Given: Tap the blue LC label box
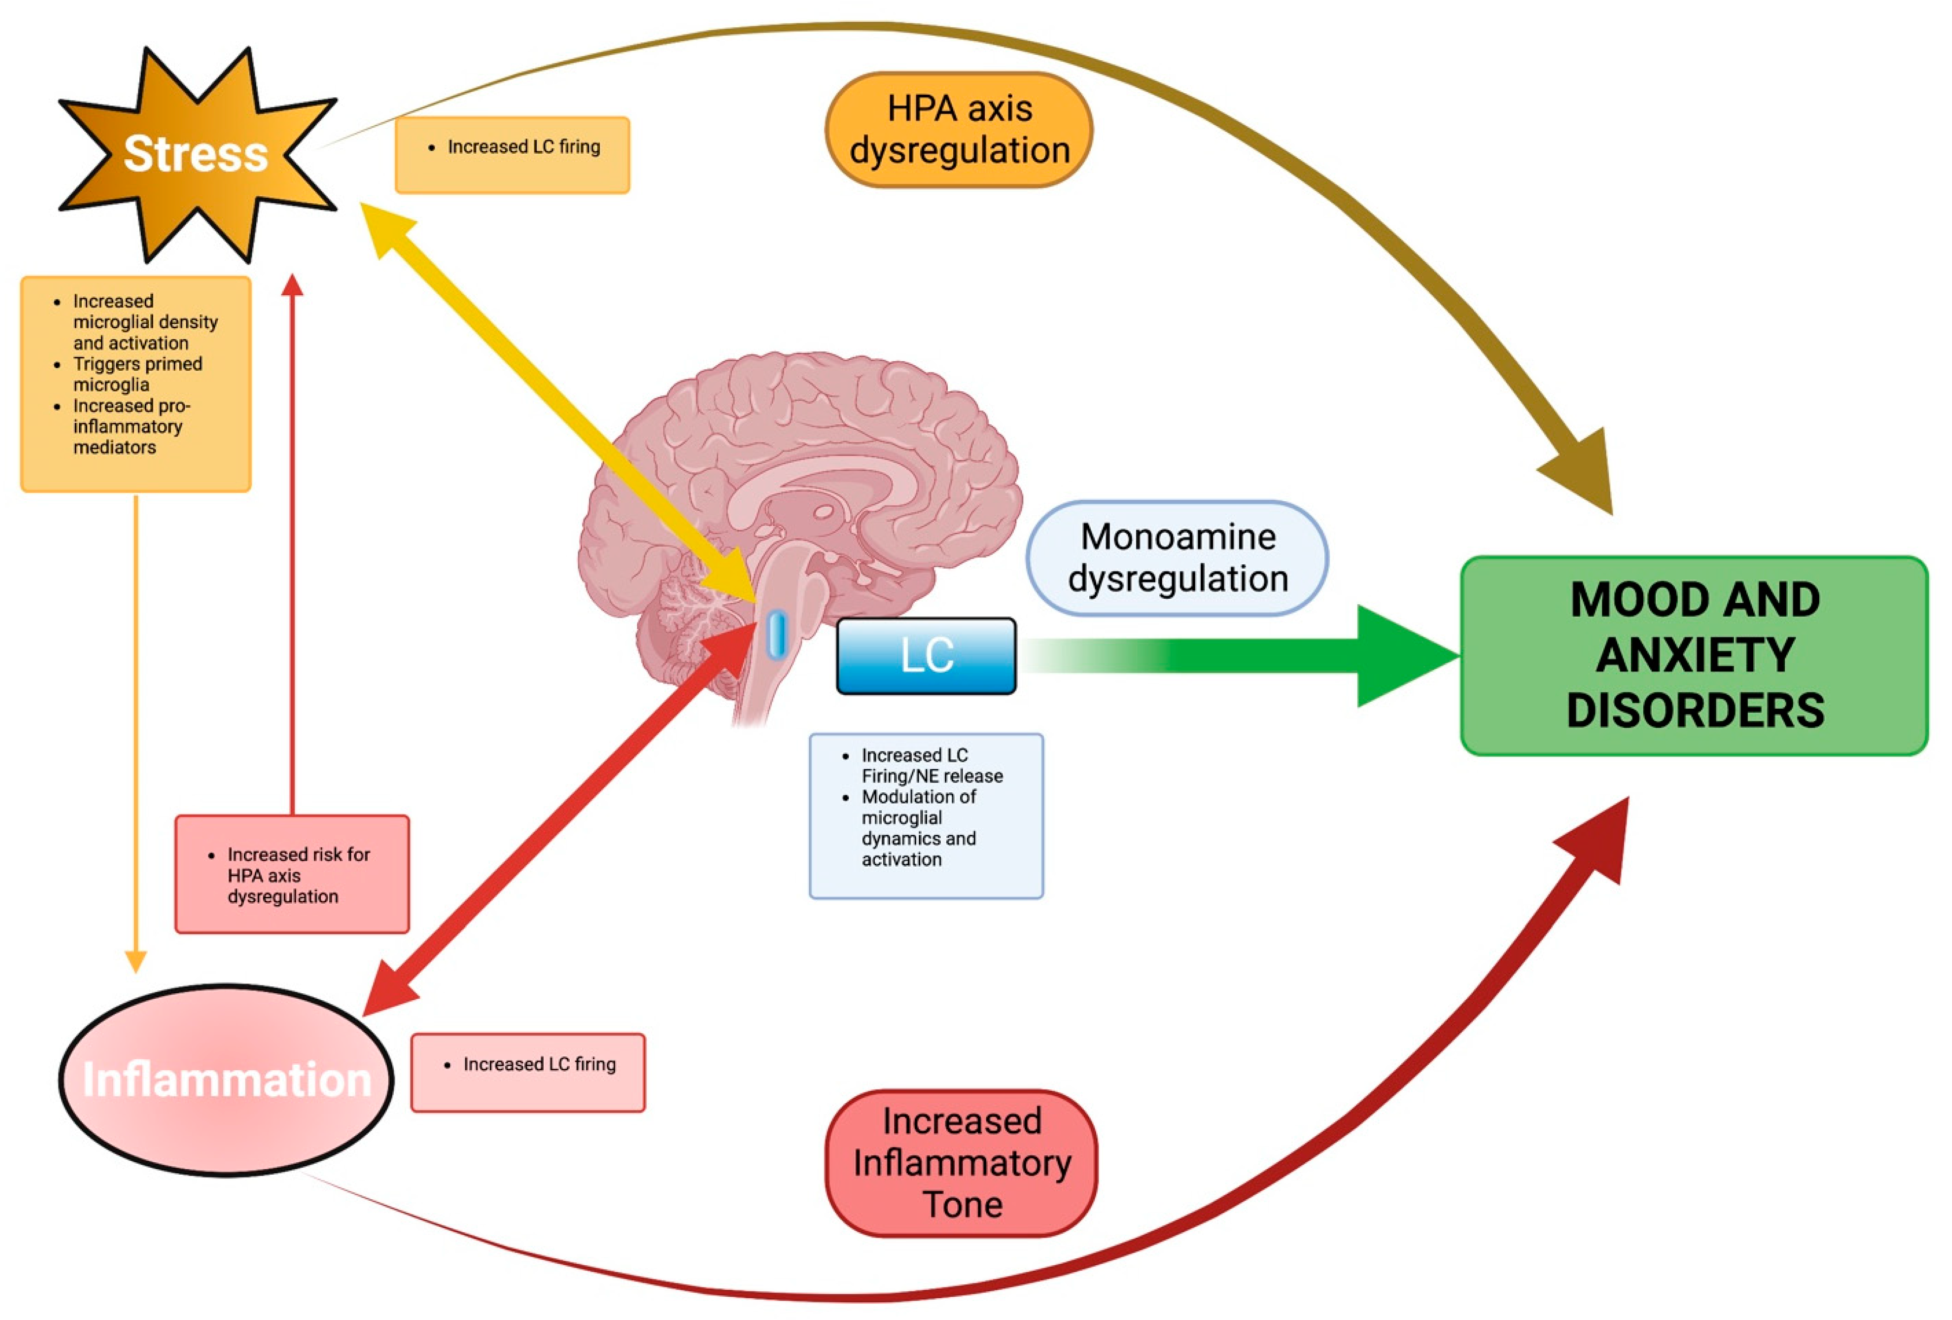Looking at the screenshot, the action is tap(926, 656).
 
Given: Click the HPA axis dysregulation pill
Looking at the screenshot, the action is tap(959, 129).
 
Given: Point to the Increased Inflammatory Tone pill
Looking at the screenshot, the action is tap(962, 1164).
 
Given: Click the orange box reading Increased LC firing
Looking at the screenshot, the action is tap(512, 155).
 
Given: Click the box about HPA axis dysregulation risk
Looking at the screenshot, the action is tap(293, 874).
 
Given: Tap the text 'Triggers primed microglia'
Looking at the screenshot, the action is tap(138, 375).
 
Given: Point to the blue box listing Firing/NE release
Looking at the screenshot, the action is tap(926, 816).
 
